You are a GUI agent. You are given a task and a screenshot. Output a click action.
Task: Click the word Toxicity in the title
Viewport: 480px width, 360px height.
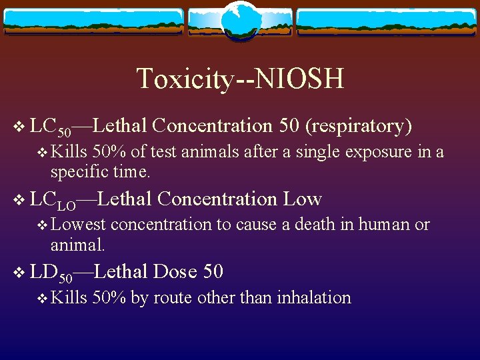[184, 79]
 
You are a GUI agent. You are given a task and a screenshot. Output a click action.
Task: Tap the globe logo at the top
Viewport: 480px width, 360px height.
[240, 21]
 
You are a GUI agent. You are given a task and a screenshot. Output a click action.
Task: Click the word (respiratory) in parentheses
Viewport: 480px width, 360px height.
[359, 125]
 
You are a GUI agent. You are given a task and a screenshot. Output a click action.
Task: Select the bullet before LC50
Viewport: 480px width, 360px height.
[18, 127]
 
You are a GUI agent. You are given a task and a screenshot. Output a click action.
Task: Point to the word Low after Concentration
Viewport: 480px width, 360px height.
[303, 199]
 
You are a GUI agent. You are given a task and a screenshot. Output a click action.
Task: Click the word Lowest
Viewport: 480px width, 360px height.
[78, 225]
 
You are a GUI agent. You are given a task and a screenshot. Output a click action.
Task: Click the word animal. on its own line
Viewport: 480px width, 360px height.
[77, 245]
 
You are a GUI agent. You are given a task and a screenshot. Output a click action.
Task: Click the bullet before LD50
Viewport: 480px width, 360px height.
[18, 273]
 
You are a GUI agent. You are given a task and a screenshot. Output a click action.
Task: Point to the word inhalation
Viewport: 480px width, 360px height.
[314, 298]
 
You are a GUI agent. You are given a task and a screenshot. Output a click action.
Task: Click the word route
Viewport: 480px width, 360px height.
[171, 298]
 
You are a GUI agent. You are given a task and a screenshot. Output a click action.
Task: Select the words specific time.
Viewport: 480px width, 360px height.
[100, 171]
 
